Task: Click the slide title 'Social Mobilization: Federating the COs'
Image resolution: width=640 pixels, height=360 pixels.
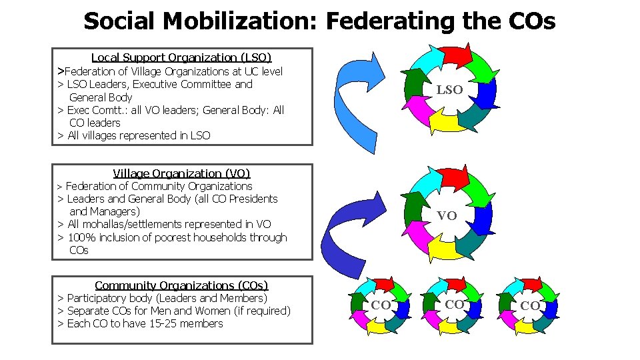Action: coord(319,21)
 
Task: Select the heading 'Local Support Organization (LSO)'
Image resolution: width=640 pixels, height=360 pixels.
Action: coord(181,58)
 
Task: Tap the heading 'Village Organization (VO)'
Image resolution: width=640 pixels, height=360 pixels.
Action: coord(181,173)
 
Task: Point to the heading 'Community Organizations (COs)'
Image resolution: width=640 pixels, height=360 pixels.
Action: coord(181,285)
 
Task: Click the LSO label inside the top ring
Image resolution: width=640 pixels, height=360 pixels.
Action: coord(449,90)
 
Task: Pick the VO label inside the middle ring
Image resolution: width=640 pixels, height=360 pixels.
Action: coord(447,215)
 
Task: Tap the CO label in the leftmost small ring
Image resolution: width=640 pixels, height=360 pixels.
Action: coord(381,305)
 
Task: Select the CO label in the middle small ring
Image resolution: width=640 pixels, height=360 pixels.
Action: coord(454,305)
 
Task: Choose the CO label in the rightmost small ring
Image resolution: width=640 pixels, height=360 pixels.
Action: coord(530,305)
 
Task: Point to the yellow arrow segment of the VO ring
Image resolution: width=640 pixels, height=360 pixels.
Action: coord(443,249)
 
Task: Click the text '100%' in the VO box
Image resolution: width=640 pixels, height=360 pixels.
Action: coord(80,237)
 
